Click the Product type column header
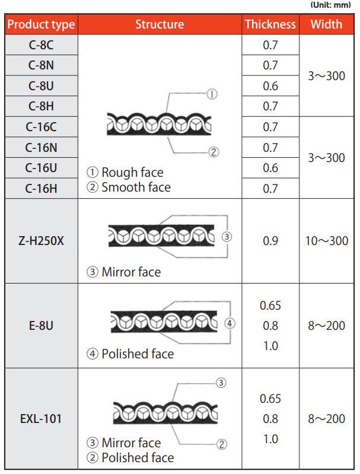pyautogui.click(x=41, y=24)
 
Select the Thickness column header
pyautogui.click(x=270, y=24)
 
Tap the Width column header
pyautogui.click(x=326, y=24)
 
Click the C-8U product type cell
pyautogui.click(x=41, y=86)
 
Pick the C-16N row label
pyautogui.click(x=41, y=148)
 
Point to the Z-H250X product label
pyautogui.click(x=41, y=241)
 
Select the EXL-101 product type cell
pyautogui.click(x=41, y=419)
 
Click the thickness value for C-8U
pyautogui.click(x=270, y=86)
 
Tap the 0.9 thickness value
pyautogui.click(x=270, y=241)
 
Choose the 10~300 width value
pyautogui.click(x=326, y=241)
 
